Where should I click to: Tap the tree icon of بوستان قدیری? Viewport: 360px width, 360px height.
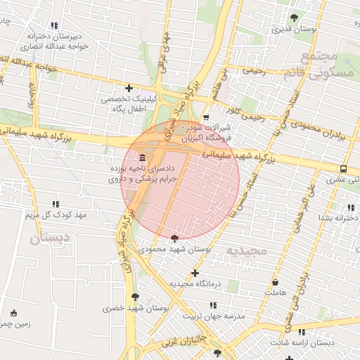[294, 18]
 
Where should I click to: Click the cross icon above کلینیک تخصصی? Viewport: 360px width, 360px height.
[128, 88]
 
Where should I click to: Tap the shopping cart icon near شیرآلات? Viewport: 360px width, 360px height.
[205, 118]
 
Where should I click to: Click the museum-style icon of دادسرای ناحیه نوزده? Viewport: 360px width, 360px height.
[143, 156]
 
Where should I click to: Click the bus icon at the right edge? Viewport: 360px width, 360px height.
[343, 169]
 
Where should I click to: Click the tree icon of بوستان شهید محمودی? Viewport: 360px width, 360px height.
[174, 239]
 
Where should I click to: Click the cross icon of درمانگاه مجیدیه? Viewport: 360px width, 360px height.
[195, 273]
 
